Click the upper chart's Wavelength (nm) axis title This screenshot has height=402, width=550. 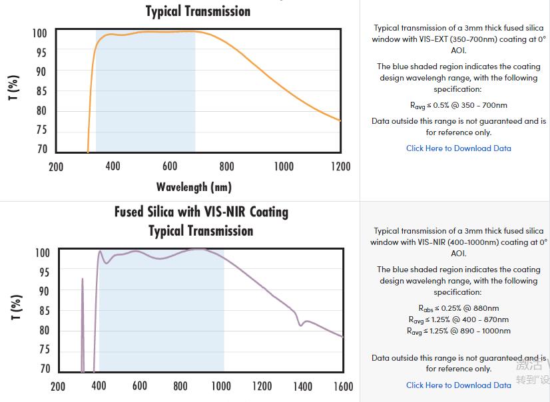(194, 187)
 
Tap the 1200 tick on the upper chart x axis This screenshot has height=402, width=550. (340, 166)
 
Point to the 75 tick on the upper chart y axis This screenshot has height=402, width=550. (41, 130)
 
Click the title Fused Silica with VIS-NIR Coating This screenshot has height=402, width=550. (201, 212)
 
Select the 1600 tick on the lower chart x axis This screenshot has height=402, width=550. (344, 386)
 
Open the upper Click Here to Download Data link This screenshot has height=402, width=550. (459, 148)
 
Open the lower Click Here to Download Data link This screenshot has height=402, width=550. (459, 385)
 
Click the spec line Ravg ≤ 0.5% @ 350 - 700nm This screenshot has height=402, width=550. (459, 105)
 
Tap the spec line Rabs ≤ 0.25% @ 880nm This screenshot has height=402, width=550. (459, 308)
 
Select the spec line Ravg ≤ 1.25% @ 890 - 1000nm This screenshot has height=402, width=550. (459, 331)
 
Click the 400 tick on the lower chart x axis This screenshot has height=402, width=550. (99, 386)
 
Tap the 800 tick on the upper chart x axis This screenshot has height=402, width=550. (226, 166)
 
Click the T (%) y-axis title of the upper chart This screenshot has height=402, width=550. (13, 88)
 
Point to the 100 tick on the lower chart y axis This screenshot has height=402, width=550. (43, 253)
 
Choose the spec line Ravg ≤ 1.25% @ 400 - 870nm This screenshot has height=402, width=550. (459, 319)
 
